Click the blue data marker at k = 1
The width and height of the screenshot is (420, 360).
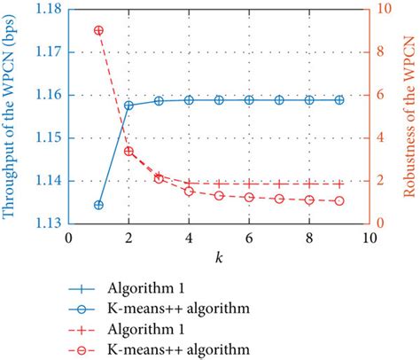click(x=98, y=205)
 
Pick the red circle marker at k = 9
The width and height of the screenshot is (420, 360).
click(x=339, y=201)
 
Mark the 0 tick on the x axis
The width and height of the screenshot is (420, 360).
click(x=68, y=238)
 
